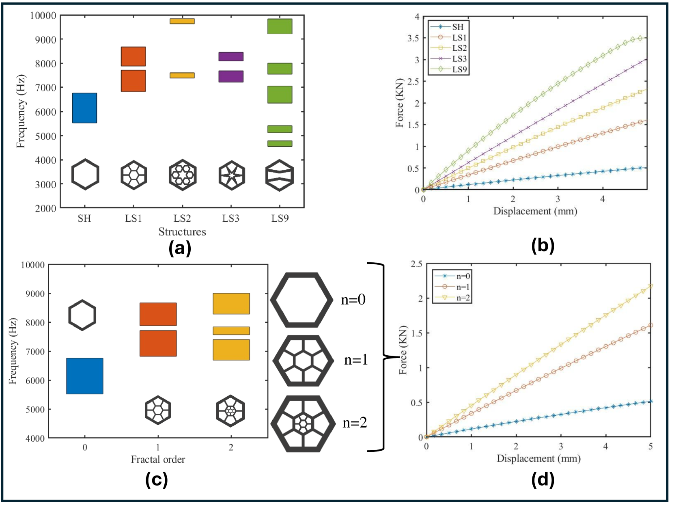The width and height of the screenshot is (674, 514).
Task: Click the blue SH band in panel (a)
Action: coord(84,108)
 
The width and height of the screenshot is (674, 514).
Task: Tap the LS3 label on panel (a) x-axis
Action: coord(230,218)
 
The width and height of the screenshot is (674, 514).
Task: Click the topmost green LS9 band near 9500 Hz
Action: coord(280,26)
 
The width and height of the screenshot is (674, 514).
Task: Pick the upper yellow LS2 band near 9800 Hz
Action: coord(182,21)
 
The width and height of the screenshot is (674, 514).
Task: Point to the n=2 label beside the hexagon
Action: coord(355,423)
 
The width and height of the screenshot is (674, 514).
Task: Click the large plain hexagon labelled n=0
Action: coord(301,300)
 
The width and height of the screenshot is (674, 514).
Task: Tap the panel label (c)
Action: coord(156,480)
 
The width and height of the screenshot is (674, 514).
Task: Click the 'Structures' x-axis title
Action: coord(182,232)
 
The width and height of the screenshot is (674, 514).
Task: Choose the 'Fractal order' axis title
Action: coord(158,459)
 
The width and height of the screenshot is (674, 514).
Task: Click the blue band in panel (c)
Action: coord(84,376)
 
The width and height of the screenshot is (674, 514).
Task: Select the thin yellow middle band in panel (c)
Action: coord(231,330)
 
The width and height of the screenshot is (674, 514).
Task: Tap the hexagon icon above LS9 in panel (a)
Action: coord(279,175)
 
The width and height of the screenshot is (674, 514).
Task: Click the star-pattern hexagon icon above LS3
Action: coord(231,175)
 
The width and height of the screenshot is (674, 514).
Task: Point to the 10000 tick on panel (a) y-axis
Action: coord(43,16)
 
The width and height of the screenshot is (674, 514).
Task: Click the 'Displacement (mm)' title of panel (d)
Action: coord(538,458)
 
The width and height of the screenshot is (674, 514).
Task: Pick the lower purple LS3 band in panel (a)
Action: coord(231,76)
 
